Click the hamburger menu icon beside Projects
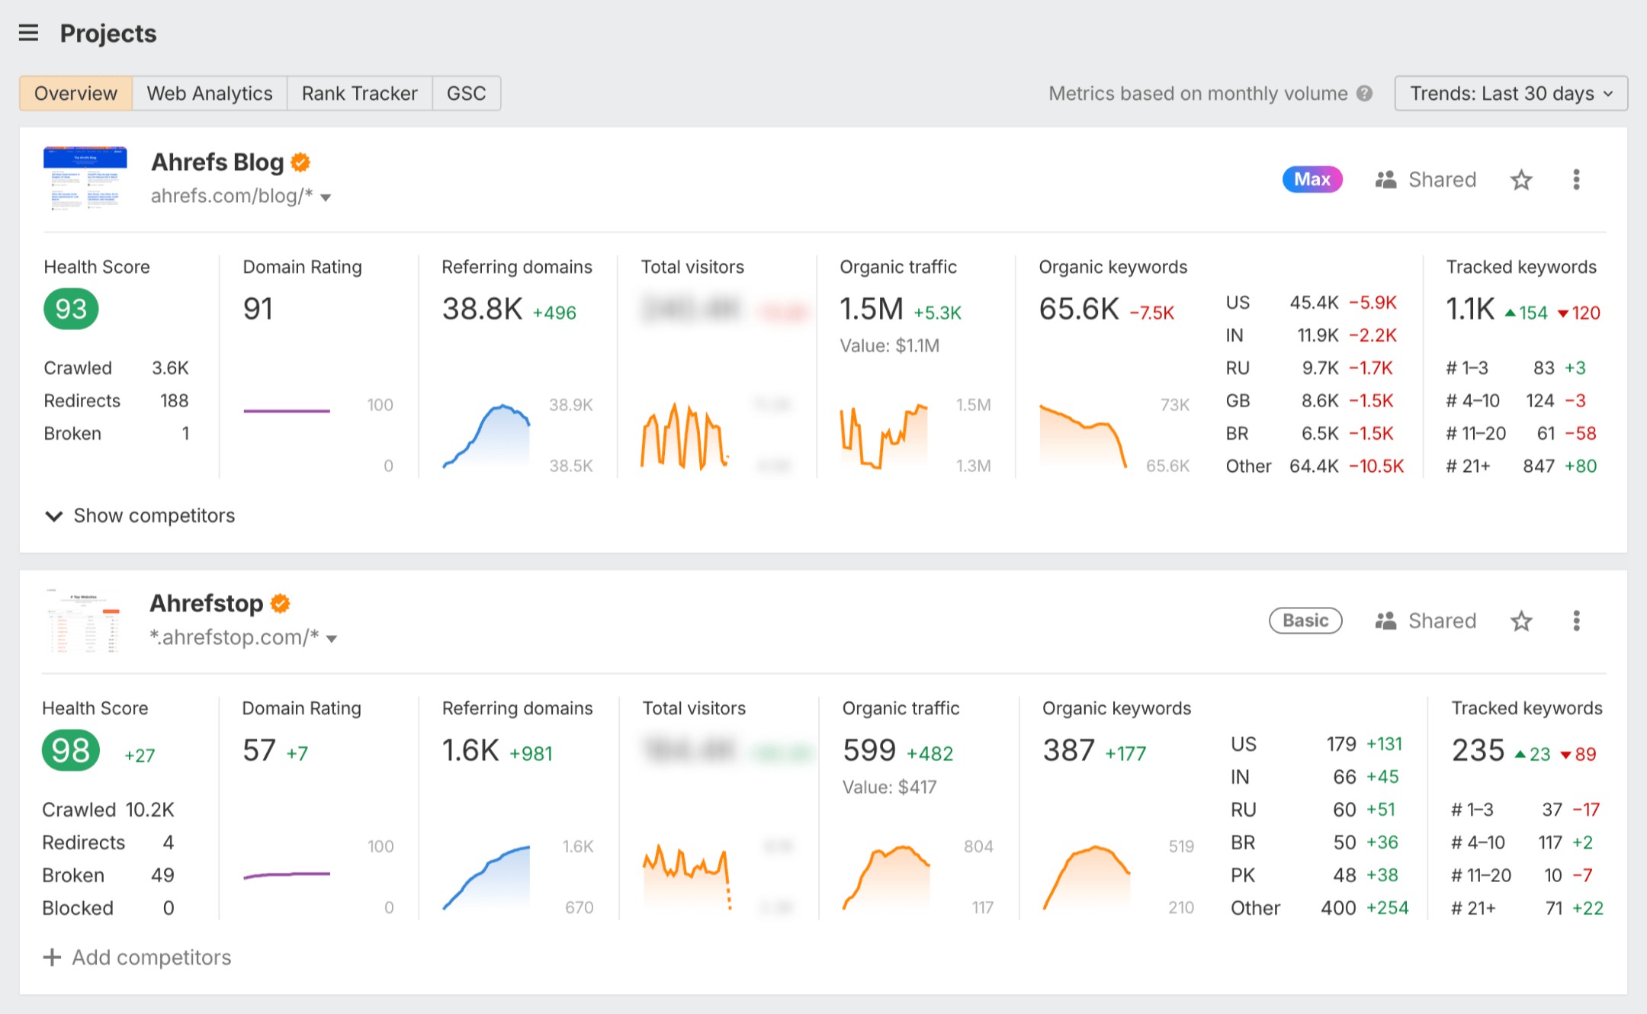pyautogui.click(x=28, y=33)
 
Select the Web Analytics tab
pyautogui.click(x=209, y=93)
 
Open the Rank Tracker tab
pyautogui.click(x=359, y=93)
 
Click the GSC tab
pyautogui.click(x=466, y=93)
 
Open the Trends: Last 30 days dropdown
pyautogui.click(x=1511, y=93)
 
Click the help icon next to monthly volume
pyautogui.click(x=1365, y=93)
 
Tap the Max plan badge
pyautogui.click(x=1311, y=179)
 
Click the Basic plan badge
pyautogui.click(x=1305, y=621)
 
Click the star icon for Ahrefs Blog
pyautogui.click(x=1521, y=180)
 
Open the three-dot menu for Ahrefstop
pyautogui.click(x=1576, y=621)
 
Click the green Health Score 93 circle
pyautogui.click(x=71, y=309)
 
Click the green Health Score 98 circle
pyautogui.click(x=71, y=750)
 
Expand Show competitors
pyautogui.click(x=140, y=516)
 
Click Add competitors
pyautogui.click(x=137, y=958)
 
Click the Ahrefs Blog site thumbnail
pyautogui.click(x=85, y=178)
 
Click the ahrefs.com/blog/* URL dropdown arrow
pyautogui.click(x=326, y=197)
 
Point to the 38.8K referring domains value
pyautogui.click(x=482, y=310)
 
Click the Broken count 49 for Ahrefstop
pyautogui.click(x=162, y=875)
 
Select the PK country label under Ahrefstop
pyautogui.click(x=1242, y=875)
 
